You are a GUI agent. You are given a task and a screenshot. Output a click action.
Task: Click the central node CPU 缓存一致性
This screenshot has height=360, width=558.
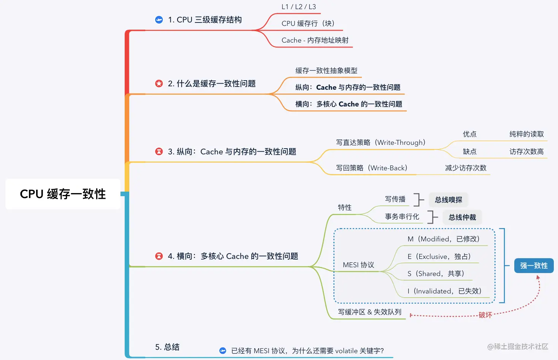pyautogui.click(x=63, y=194)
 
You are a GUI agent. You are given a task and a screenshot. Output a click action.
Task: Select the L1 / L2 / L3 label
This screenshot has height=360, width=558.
pyautogui.click(x=298, y=7)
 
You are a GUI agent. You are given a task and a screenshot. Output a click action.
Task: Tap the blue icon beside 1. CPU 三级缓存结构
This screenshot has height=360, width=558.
pyautogui.click(x=159, y=20)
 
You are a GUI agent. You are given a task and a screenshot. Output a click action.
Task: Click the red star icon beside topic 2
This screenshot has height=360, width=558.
pyautogui.click(x=159, y=84)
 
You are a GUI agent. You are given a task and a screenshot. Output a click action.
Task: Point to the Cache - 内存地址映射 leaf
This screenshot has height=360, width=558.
pyautogui.click(x=315, y=40)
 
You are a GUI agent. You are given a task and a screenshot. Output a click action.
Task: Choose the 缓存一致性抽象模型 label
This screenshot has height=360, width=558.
pyautogui.click(x=326, y=71)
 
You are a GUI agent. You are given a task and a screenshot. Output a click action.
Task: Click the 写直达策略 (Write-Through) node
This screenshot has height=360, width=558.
pyautogui.click(x=380, y=143)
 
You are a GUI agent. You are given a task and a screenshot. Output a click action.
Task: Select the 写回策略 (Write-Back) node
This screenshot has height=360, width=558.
pyautogui.click(x=371, y=168)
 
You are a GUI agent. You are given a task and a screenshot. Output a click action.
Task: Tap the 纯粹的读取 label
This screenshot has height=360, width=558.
pyautogui.click(x=526, y=134)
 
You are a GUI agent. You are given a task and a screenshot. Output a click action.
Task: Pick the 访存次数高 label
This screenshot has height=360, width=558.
pyautogui.click(x=526, y=152)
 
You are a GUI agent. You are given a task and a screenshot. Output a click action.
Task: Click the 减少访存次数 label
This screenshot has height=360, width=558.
pyautogui.click(x=466, y=168)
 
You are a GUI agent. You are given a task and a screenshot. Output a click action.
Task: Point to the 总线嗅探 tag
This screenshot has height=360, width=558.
pyautogui.click(x=449, y=200)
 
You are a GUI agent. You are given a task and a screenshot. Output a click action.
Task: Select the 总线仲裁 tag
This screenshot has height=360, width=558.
pyautogui.click(x=462, y=217)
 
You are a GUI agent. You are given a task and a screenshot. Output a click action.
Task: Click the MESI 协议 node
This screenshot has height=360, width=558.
pyautogui.click(x=358, y=265)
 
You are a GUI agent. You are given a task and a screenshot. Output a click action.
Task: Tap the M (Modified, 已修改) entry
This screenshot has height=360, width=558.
pyautogui.click(x=443, y=239)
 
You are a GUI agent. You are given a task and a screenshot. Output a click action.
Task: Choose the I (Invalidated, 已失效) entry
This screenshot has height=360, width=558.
pyautogui.click(x=444, y=291)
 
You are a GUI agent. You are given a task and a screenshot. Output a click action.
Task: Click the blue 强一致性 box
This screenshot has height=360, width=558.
pyautogui.click(x=534, y=266)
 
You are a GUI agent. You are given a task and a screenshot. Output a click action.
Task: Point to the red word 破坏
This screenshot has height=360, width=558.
pyautogui.click(x=485, y=315)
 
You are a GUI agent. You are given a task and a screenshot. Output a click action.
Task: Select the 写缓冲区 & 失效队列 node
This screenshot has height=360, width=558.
pyautogui.click(x=369, y=312)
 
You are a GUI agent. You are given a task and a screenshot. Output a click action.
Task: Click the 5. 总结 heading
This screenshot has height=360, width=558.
pyautogui.click(x=167, y=347)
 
